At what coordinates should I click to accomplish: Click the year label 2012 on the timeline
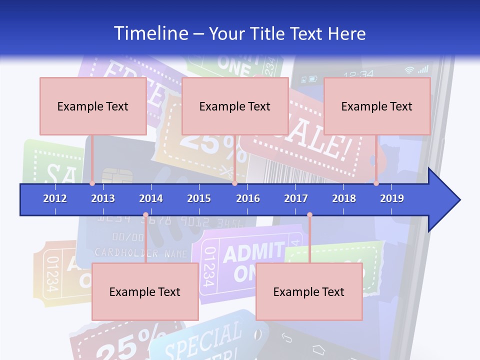pyautogui.click(x=55, y=198)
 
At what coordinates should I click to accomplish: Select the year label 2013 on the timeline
pyautogui.click(x=103, y=198)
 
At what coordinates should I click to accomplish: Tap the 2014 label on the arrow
pyautogui.click(x=151, y=198)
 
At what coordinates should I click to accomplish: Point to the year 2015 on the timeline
pyautogui.click(x=199, y=198)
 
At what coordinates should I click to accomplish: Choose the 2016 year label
pyautogui.click(x=248, y=198)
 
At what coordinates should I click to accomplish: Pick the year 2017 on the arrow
pyautogui.click(x=296, y=198)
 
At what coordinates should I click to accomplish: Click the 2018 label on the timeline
pyautogui.click(x=344, y=198)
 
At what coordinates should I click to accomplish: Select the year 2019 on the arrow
pyautogui.click(x=392, y=198)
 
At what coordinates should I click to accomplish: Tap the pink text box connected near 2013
pyautogui.click(x=93, y=106)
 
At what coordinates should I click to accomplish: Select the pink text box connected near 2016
pyautogui.click(x=235, y=106)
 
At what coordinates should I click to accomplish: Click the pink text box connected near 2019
pyautogui.click(x=377, y=106)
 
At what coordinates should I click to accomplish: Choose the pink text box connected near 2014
pyautogui.click(x=145, y=291)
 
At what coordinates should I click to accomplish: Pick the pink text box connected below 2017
pyautogui.click(x=309, y=291)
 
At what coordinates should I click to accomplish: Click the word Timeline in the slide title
pyautogui.click(x=150, y=33)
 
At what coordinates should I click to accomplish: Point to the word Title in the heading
pyautogui.click(x=269, y=33)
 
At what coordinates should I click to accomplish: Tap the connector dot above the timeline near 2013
pyautogui.click(x=92, y=183)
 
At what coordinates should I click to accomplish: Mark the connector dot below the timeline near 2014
pyautogui.click(x=145, y=215)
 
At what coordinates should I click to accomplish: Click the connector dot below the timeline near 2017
pyautogui.click(x=309, y=215)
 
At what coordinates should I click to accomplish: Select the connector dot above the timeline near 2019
pyautogui.click(x=376, y=183)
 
